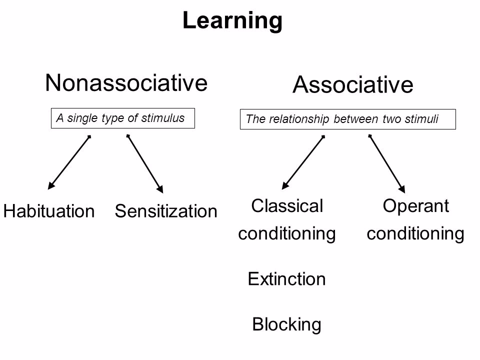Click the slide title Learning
point(232,21)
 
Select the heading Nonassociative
point(126,83)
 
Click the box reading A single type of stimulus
point(122,118)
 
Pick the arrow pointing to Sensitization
point(145,163)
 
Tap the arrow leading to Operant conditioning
point(387,163)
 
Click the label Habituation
point(49,211)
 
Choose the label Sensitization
point(166,211)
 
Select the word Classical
point(287,205)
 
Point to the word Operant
point(415,205)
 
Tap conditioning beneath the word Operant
point(415,233)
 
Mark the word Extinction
point(287,278)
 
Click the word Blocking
point(287,324)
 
